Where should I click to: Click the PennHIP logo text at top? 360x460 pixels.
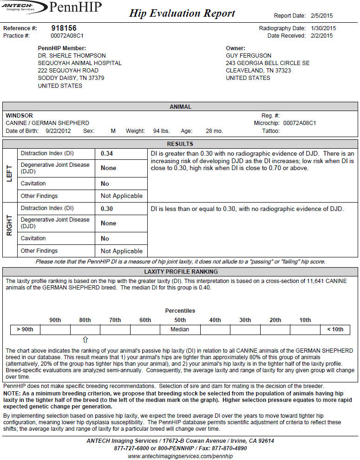(x=74, y=7)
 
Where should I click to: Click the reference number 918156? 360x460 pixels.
(x=64, y=28)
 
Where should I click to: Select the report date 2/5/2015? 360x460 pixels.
(x=322, y=16)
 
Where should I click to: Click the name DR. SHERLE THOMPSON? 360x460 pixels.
(x=72, y=56)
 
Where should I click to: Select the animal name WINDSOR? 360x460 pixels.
(x=19, y=116)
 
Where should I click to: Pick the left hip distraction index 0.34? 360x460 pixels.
(x=107, y=153)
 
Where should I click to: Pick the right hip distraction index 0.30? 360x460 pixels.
(x=107, y=209)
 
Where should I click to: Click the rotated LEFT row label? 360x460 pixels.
(x=9, y=175)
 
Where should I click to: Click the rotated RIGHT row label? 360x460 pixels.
(x=9, y=230)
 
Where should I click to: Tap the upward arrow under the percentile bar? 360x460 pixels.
(x=85, y=340)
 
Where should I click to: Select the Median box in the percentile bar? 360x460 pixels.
(x=180, y=329)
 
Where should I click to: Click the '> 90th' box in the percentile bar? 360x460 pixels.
(x=25, y=329)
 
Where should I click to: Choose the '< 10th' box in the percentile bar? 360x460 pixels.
(x=335, y=329)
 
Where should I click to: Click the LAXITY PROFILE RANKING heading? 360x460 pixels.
(x=181, y=272)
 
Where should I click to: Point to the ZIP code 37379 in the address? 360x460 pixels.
(x=96, y=78)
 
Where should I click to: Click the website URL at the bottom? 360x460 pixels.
(x=180, y=456)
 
